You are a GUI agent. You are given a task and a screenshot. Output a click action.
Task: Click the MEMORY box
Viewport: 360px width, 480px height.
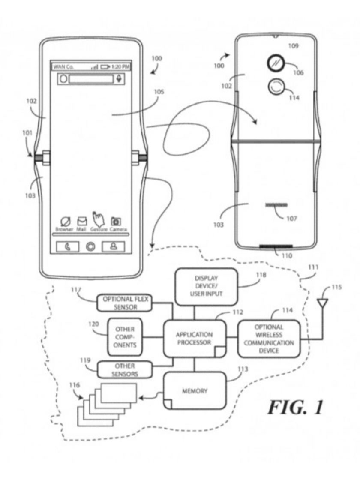pyautogui.click(x=195, y=391)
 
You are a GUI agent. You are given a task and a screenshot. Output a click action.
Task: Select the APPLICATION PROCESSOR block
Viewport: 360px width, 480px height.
pyautogui.click(x=194, y=339)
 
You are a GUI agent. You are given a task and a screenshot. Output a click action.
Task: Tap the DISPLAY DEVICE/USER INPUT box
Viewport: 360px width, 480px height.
pyautogui.click(x=206, y=287)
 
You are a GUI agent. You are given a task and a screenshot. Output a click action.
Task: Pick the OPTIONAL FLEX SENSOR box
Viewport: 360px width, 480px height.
pyautogui.click(x=124, y=303)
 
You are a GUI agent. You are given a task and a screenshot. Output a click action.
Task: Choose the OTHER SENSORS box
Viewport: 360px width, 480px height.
pyautogui.click(x=125, y=369)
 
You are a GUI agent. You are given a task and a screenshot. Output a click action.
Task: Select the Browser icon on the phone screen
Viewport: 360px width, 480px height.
pyautogui.click(x=64, y=222)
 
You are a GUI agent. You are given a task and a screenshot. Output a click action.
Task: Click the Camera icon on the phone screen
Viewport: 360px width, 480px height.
pyautogui.click(x=115, y=222)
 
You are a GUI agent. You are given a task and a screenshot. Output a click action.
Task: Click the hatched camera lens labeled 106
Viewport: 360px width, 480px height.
pyautogui.click(x=273, y=63)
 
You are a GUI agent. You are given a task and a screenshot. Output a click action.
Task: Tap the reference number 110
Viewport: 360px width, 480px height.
pyautogui.click(x=287, y=256)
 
